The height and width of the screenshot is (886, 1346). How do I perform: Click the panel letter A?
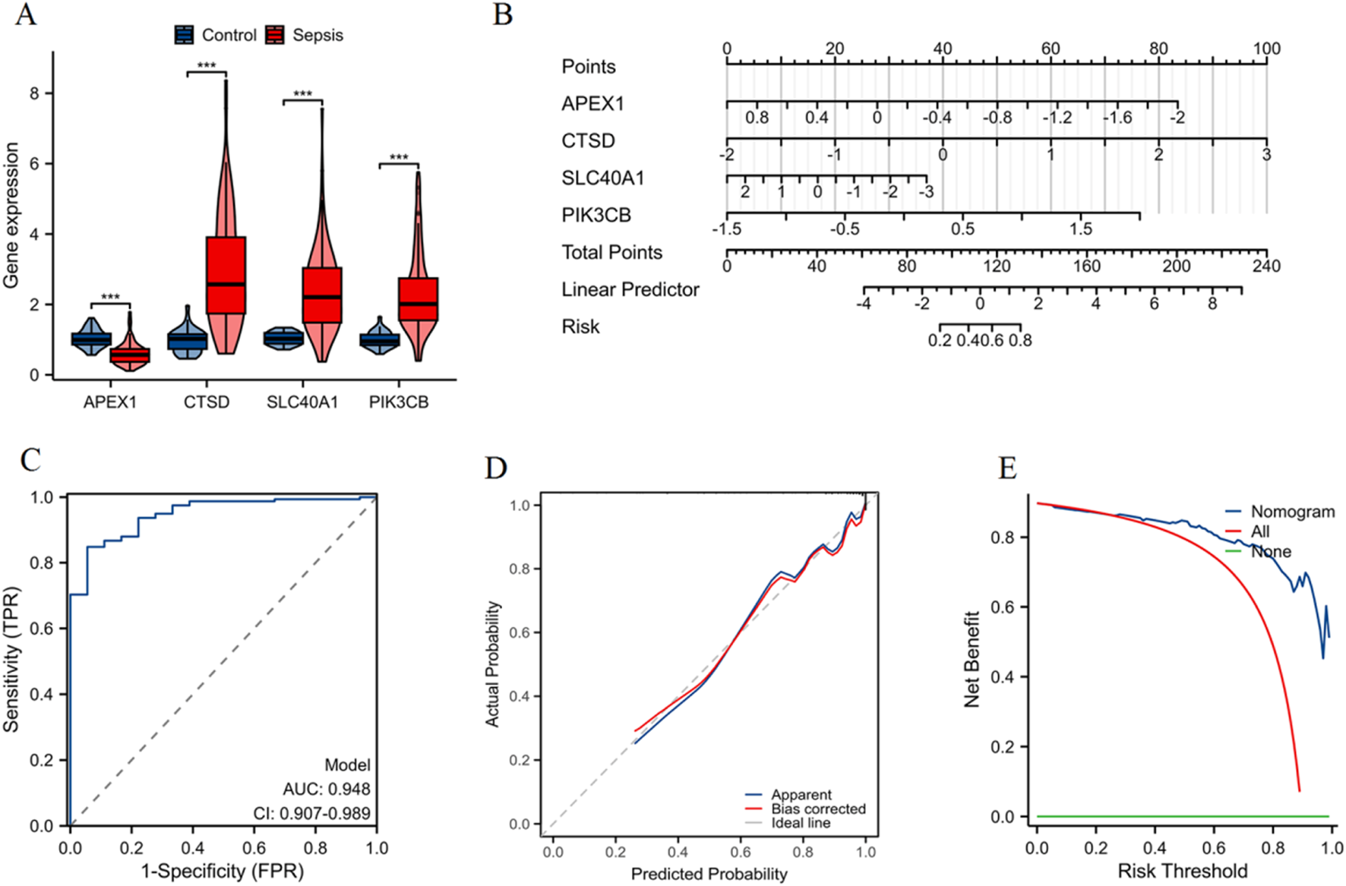26,14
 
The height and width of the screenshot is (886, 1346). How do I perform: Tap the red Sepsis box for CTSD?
226,275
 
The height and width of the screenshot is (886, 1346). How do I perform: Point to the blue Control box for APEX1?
91,339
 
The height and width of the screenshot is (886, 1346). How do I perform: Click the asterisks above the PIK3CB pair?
399,158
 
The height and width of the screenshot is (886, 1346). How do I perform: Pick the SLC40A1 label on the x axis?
302,402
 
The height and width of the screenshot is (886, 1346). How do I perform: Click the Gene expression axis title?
11,216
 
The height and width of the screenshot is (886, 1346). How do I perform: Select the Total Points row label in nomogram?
611,252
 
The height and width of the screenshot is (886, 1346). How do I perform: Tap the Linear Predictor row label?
630,289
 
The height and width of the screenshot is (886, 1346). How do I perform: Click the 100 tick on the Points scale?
1266,49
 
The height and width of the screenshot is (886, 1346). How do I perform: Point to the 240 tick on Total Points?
1266,266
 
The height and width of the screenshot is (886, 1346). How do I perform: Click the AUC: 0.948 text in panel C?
327,789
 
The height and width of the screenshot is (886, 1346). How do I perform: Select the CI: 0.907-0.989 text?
311,813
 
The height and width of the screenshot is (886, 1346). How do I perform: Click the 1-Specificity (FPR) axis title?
222,872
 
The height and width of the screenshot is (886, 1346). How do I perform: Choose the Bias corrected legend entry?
817,809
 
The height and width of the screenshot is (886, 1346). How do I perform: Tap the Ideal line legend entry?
800,823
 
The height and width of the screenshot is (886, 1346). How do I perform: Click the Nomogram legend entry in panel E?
1291,512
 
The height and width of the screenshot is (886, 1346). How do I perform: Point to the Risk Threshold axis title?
1182,872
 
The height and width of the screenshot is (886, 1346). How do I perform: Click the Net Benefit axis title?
972,659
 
